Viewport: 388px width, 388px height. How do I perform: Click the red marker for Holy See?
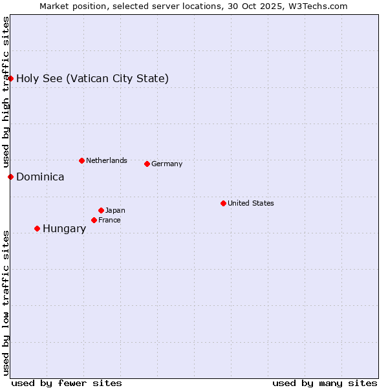11,78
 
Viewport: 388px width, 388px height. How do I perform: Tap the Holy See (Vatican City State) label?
92,79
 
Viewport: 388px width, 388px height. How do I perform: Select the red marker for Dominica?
11,177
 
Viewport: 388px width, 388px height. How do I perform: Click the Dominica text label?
40,177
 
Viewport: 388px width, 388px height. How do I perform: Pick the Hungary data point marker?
38,228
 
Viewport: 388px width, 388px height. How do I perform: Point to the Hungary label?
64,229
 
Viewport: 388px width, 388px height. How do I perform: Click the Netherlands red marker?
81,160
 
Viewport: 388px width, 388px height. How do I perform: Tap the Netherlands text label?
106,161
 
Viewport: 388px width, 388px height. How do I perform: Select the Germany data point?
147,164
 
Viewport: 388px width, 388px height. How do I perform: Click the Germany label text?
167,164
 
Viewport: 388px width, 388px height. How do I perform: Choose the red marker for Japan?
102,210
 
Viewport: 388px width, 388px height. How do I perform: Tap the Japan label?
115,211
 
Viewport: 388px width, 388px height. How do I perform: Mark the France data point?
94,220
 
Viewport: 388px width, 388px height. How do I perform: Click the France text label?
109,221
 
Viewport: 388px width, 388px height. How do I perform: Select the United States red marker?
224,203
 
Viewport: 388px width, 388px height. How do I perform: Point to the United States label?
250,204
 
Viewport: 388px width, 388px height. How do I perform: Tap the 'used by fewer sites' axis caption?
67,383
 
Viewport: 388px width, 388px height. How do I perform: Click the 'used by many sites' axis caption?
325,383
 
